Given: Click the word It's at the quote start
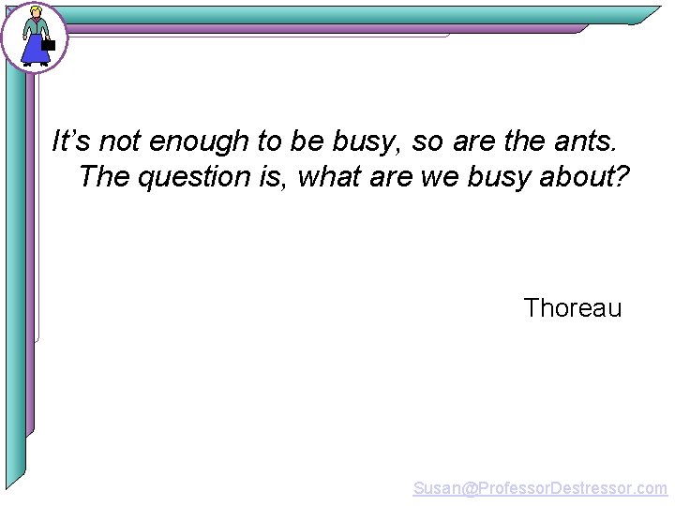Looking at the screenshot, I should (71, 141).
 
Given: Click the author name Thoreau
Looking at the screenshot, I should (572, 308).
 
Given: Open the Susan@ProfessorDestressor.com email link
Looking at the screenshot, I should (540, 488).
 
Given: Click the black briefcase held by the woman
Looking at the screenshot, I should (49, 44).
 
